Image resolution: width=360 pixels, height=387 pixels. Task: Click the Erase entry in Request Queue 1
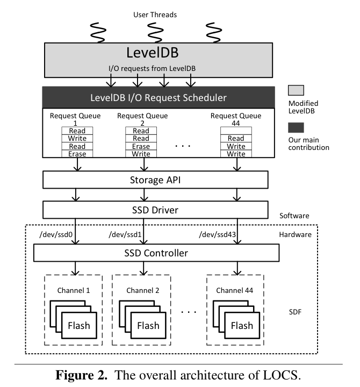[x=77, y=154]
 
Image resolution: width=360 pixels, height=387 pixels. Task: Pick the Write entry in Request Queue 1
[x=77, y=139]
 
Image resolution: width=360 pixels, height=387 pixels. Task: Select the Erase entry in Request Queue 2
[x=141, y=146]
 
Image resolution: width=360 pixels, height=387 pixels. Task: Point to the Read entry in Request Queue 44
[x=235, y=139]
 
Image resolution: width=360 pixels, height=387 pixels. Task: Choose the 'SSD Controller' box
[x=156, y=252]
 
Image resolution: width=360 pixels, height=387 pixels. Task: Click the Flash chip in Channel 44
[x=241, y=326]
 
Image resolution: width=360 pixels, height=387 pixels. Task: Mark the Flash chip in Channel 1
[x=78, y=326]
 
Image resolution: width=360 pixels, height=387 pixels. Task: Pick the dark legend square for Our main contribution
[x=296, y=127]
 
